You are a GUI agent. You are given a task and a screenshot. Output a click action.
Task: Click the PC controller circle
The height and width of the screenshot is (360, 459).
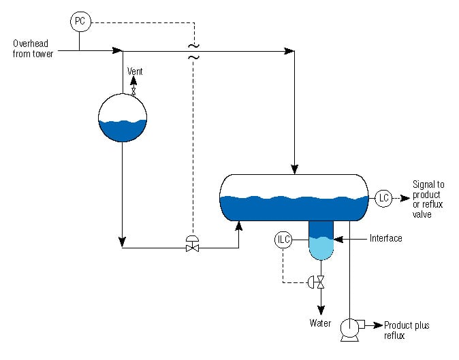pos(79,22)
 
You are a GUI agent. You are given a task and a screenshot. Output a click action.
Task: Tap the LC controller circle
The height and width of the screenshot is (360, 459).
pos(383,198)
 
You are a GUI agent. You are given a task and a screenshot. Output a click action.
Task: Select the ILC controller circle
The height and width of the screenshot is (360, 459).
pos(283,240)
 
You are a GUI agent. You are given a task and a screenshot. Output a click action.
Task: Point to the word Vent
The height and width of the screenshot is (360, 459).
pos(136,71)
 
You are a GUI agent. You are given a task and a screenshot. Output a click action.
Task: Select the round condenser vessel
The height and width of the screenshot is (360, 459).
pos(123,117)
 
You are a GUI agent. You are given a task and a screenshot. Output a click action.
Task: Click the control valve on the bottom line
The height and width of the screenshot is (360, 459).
pos(193,246)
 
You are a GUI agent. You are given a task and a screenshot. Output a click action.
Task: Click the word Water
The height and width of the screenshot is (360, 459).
pos(321,323)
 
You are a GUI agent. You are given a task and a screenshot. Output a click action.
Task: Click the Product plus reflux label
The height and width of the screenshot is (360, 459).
pos(407,330)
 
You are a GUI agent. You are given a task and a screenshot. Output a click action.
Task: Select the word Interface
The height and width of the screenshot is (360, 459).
pos(386,238)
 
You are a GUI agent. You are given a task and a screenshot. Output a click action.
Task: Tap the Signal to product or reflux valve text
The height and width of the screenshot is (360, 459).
pos(428,199)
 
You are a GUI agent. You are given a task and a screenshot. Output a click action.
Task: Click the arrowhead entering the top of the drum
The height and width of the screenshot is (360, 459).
pos(294,168)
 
